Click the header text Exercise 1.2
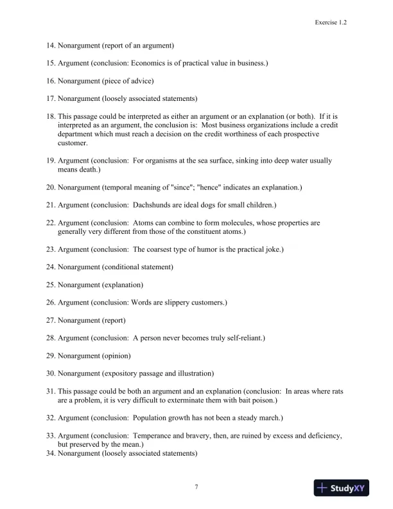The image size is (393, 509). [331, 22]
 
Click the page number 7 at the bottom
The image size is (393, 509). [197, 487]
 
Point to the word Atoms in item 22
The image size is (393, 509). [145, 223]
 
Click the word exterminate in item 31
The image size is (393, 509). [186, 400]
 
